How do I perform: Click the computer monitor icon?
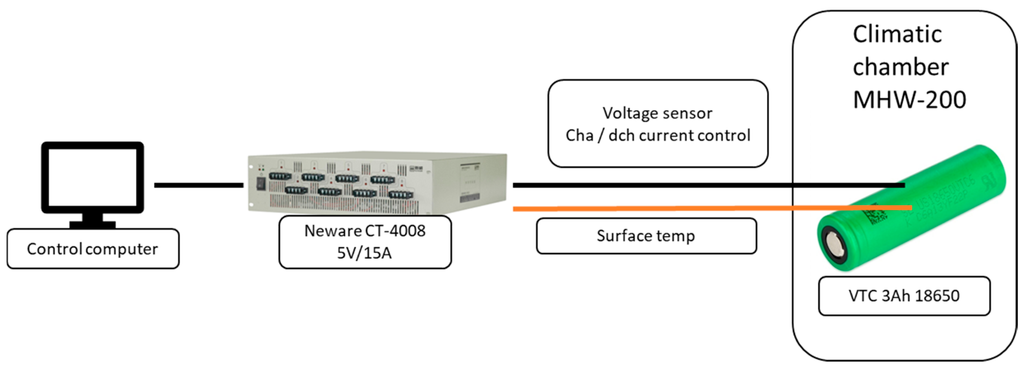click(x=93, y=178)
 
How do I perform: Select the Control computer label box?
click(x=93, y=249)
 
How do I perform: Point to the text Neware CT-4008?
click(x=365, y=231)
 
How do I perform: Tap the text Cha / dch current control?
click(x=658, y=136)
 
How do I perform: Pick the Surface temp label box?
click(x=646, y=236)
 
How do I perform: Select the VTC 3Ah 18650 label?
click(x=904, y=296)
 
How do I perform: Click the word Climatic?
click(x=897, y=34)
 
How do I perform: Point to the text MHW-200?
click(x=909, y=100)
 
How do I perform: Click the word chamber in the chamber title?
click(x=901, y=67)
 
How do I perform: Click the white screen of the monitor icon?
click(x=93, y=177)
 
